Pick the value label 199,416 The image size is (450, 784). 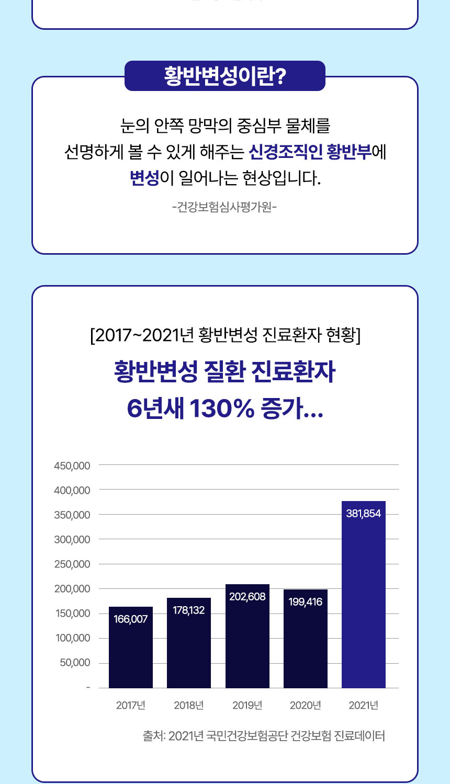306,602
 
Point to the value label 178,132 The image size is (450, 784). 189,610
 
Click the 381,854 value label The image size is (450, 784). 363,514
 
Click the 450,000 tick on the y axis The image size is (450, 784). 72,465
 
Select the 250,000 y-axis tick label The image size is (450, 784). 72,564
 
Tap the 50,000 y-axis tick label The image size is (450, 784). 75,663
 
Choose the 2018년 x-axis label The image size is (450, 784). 189,706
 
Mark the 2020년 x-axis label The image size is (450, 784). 306,706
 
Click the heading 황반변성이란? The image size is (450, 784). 225,76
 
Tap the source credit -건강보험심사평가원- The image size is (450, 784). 224,207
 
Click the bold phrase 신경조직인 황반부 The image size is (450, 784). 310,152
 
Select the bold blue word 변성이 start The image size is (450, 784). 144,178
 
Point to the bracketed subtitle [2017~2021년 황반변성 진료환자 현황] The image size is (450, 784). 225,335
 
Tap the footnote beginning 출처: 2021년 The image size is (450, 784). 264,736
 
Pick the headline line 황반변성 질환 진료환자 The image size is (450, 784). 225,372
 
